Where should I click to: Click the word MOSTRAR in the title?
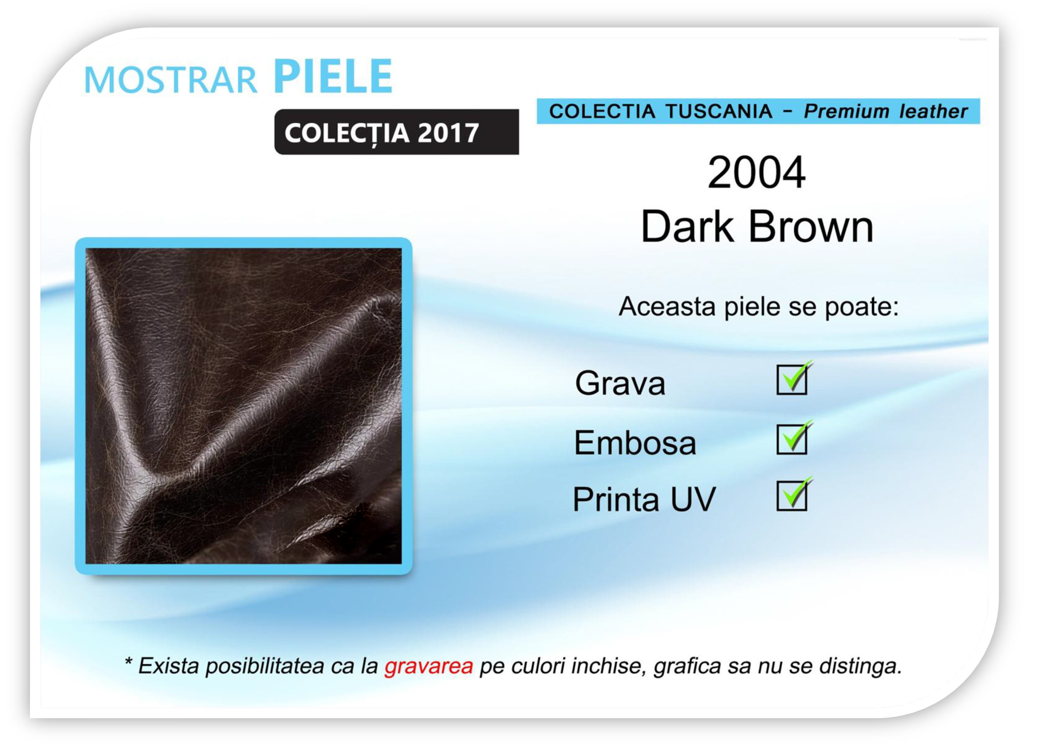coord(171,80)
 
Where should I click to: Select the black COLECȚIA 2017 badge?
coord(397,132)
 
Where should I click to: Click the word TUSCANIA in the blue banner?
coord(718,111)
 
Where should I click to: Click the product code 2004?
coord(757,172)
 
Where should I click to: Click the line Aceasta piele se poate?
coord(759,307)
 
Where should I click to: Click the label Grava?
coord(620,383)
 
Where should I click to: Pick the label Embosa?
coord(635,442)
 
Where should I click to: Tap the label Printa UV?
coord(644,499)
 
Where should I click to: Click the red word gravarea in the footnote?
coord(429,666)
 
